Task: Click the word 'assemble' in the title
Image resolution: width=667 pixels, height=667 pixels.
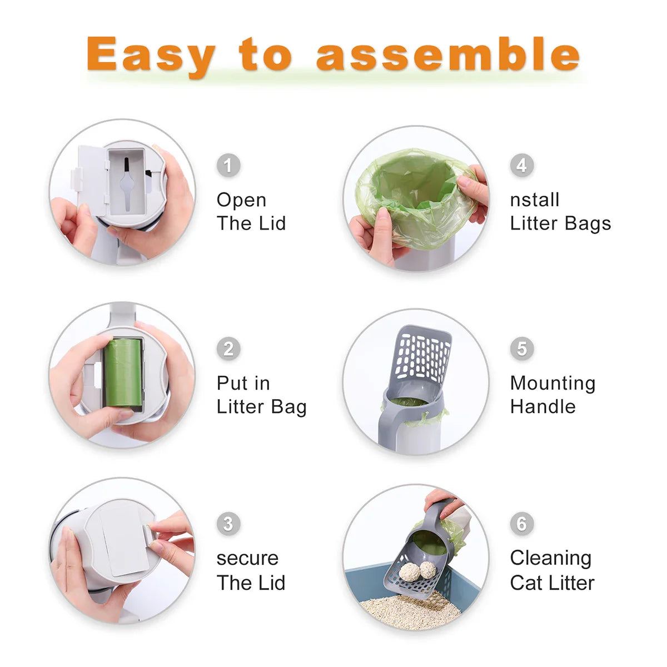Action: click(447, 54)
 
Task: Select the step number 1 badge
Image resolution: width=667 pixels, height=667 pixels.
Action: click(228, 166)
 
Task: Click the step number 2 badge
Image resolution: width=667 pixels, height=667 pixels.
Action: click(228, 349)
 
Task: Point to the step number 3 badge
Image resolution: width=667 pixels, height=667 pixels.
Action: click(228, 524)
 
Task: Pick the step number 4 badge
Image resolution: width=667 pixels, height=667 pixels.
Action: click(521, 165)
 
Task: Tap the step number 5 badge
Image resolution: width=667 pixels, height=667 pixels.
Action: click(521, 349)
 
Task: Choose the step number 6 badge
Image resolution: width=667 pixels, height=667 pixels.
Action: click(521, 524)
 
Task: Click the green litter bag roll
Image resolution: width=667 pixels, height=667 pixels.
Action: click(123, 373)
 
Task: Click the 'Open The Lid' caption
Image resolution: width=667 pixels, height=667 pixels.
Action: click(251, 212)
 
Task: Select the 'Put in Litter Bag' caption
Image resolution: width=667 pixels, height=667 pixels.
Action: click(261, 395)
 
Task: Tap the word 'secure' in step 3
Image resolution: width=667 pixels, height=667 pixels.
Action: click(247, 558)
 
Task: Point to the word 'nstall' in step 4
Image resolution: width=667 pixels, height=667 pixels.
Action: click(534, 200)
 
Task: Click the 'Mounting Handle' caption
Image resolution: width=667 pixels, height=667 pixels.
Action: click(552, 395)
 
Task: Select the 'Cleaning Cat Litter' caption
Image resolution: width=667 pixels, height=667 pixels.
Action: click(551, 570)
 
